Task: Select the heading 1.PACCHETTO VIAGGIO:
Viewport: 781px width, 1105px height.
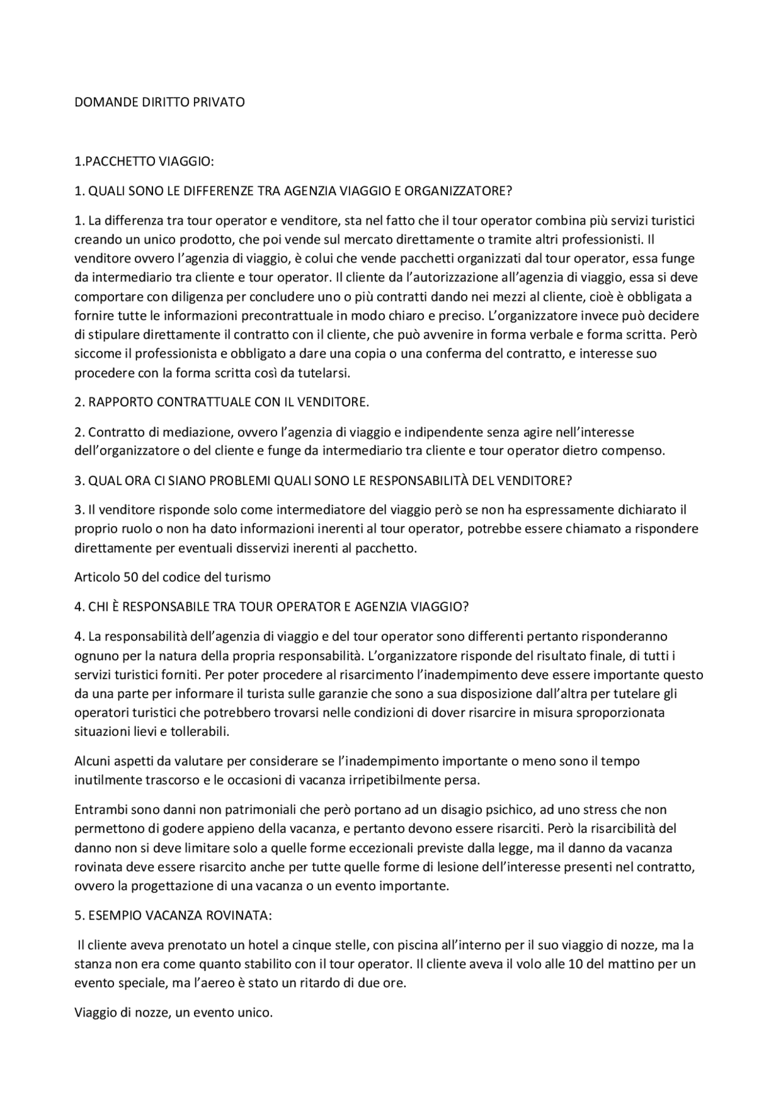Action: coord(144,162)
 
